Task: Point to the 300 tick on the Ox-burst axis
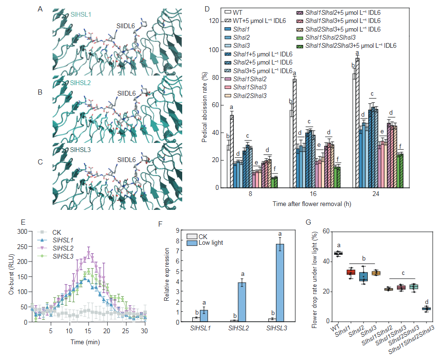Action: tap(21, 231)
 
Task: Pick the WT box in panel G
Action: tap(338, 253)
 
